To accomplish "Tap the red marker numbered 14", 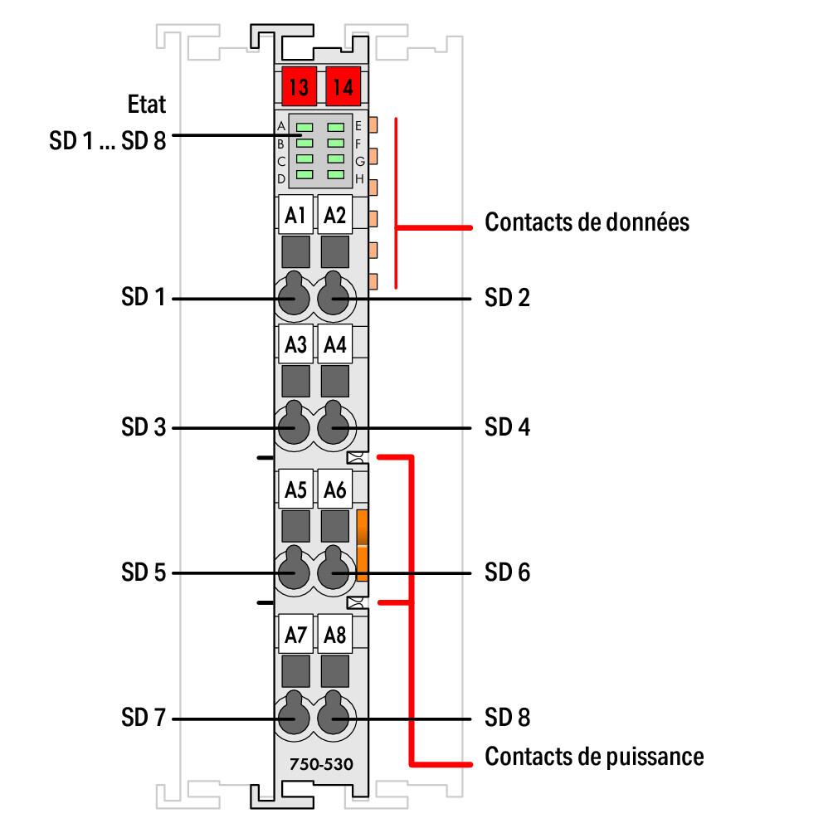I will [340, 85].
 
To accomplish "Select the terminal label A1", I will [295, 216].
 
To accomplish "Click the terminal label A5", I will [295, 490].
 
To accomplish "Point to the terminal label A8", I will [335, 636].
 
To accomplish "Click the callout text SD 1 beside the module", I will [144, 297].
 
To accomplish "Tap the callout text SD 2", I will [507, 297].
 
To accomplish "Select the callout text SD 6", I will [507, 572].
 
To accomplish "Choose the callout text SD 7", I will [144, 718].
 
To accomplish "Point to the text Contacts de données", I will [587, 222].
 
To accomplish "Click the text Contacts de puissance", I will [594, 757].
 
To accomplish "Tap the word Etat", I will [147, 105].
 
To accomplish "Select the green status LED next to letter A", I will [304, 127].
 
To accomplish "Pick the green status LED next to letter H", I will [335, 175].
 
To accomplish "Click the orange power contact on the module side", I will [362, 543].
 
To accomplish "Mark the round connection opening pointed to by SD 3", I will [292, 428].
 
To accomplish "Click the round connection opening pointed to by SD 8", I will [334, 718].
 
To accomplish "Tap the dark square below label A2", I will [335, 251].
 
